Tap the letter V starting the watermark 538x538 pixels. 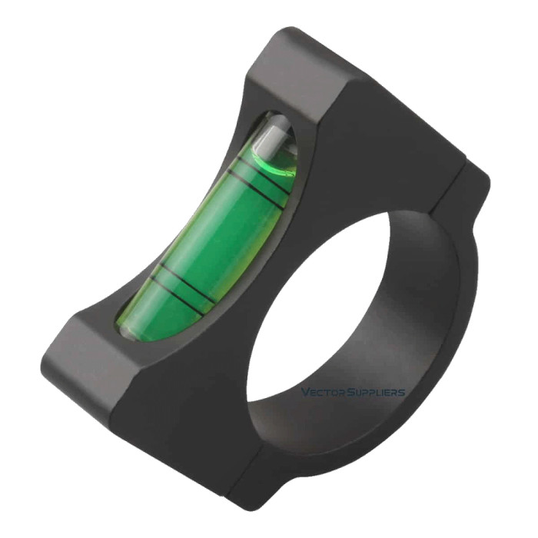click(304, 393)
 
